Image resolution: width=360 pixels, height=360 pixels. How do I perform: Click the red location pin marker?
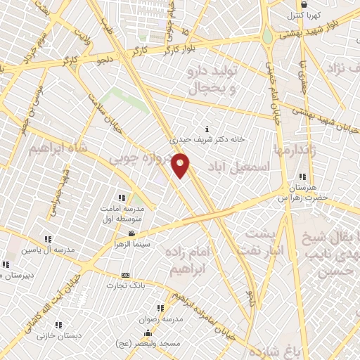[x=181, y=165]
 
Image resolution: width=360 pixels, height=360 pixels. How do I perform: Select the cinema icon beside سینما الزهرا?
[x=131, y=233]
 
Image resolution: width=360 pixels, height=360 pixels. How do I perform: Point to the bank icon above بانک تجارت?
[x=125, y=275]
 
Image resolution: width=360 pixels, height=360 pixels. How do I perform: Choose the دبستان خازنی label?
[x=59, y=335]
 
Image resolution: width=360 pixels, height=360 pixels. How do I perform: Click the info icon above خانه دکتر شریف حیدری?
[x=206, y=129]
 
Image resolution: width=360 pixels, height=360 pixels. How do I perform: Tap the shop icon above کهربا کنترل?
[x=302, y=4]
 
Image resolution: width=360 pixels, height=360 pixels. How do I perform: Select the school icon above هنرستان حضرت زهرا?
[x=302, y=176]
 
